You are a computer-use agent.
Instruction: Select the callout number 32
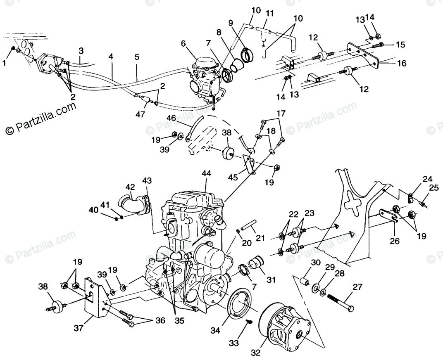coord(256,352)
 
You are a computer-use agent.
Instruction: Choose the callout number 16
coord(401,63)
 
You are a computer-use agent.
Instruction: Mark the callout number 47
coord(140,114)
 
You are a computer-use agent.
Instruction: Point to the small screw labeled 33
coord(249,322)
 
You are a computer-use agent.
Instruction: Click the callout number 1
coord(5,63)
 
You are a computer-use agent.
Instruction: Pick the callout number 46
coord(171,118)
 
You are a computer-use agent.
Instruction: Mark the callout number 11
coord(269,14)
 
